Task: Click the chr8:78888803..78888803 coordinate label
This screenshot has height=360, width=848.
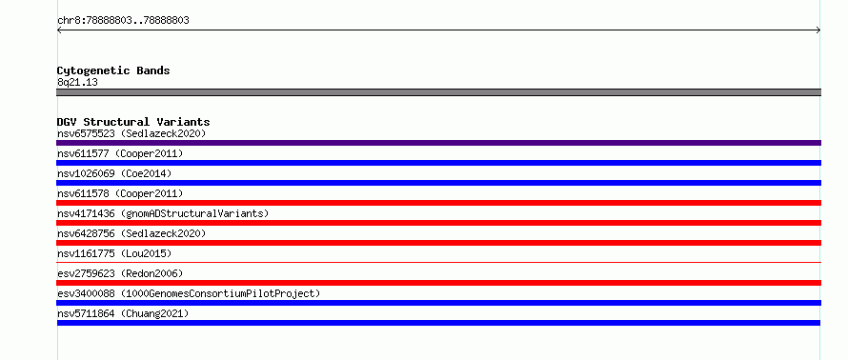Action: click(x=123, y=21)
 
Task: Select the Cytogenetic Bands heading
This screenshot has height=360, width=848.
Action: click(x=113, y=70)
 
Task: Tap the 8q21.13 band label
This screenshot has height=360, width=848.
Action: click(x=77, y=83)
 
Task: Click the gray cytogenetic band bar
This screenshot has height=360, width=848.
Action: click(x=438, y=92)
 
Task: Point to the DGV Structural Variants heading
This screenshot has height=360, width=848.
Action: click(x=133, y=122)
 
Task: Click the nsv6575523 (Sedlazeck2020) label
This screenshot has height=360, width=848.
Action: click(x=131, y=133)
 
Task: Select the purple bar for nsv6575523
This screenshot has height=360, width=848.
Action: click(x=438, y=143)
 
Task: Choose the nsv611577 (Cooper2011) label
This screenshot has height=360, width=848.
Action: click(x=120, y=153)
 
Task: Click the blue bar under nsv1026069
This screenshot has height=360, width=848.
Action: click(x=438, y=183)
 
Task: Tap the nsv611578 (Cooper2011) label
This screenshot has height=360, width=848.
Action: click(x=120, y=193)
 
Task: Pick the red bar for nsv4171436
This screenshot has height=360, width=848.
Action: click(x=438, y=223)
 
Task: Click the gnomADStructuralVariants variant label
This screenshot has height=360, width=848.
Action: click(x=163, y=213)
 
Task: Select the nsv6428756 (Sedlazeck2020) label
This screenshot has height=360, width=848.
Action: click(x=131, y=233)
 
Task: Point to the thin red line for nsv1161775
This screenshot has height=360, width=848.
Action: click(x=438, y=262)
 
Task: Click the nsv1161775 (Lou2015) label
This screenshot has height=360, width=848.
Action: click(x=114, y=253)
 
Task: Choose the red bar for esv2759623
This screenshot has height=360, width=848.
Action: click(x=438, y=283)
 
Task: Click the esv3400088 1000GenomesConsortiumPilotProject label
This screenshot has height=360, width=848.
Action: click(x=189, y=293)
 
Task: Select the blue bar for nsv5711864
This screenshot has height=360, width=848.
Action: click(x=438, y=323)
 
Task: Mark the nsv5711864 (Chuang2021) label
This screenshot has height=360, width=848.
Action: click(x=123, y=313)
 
